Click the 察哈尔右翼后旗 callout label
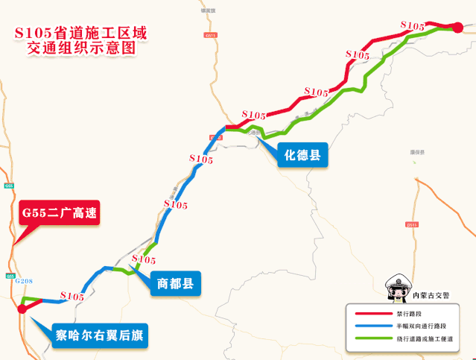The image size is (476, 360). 100,335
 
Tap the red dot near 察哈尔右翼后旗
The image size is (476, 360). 21,309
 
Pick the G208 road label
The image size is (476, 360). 24,280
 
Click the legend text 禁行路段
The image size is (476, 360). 407,314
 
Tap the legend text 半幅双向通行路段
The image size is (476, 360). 420,326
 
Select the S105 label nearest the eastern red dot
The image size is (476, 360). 413,25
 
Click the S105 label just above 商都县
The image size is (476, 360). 143,259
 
